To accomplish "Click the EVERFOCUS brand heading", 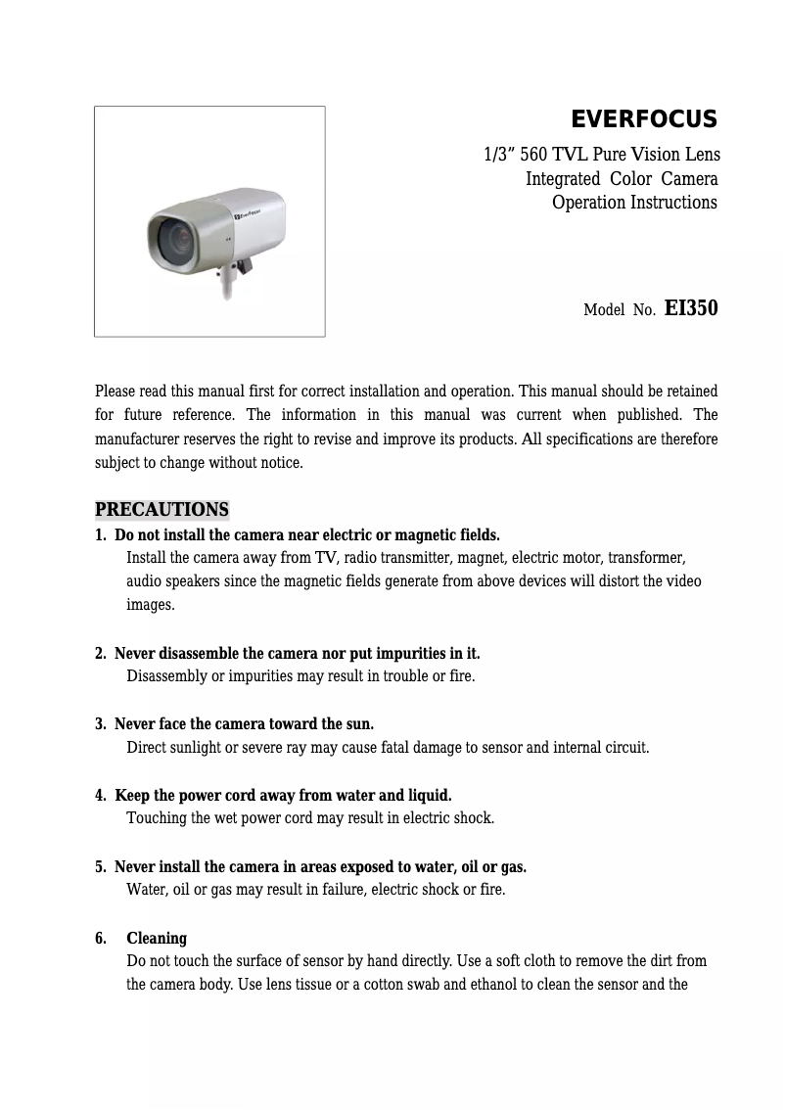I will point(643,119).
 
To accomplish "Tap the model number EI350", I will point(691,308).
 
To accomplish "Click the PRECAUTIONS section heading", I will point(162,510).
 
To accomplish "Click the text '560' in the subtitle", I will point(533,155).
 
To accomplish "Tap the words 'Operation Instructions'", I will point(634,203).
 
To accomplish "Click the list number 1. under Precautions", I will point(100,535).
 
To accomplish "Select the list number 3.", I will point(100,724).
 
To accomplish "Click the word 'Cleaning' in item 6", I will point(157,939).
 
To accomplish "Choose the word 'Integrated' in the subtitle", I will point(563,179).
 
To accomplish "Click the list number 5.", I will point(100,867).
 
